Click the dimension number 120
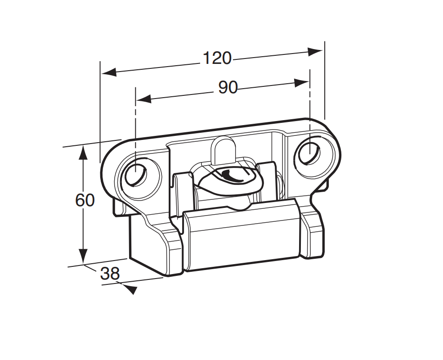coord(217,58)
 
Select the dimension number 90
coord(228,88)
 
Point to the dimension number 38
coord(110,274)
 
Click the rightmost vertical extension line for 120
coord(324,81)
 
